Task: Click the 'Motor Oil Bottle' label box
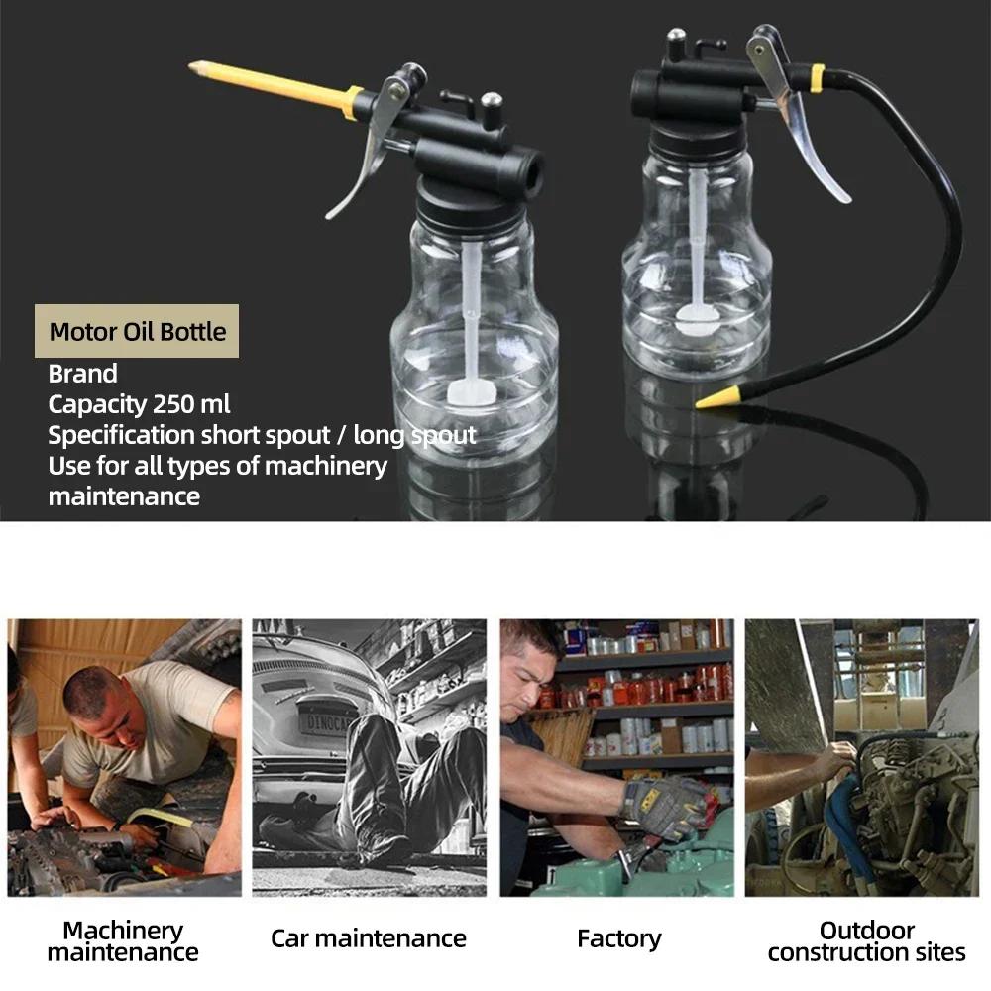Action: point(138,331)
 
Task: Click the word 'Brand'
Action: point(83,374)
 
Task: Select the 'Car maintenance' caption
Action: point(369,938)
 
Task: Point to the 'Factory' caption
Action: point(619,938)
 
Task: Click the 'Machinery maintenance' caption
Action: point(123,941)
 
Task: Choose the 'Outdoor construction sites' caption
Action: point(866,941)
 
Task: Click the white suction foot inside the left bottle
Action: point(470,392)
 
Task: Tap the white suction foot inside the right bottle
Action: point(698,317)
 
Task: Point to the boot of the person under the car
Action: point(383,847)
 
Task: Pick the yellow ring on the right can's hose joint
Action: point(817,78)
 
